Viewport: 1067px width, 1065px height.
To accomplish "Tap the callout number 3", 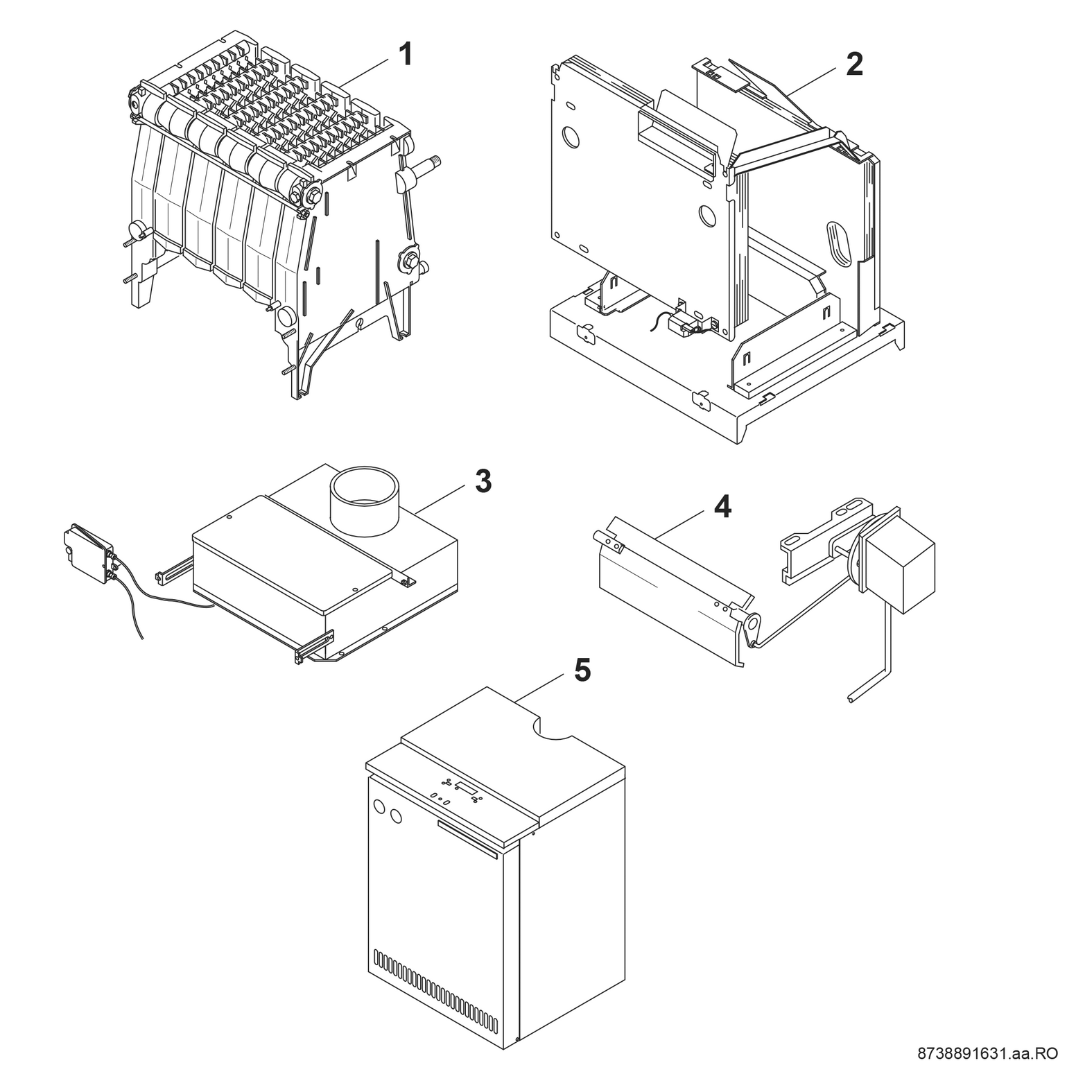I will [x=483, y=480].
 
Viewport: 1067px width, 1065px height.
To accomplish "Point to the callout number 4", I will [x=722, y=508].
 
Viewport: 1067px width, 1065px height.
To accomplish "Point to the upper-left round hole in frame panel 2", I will [x=571, y=137].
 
